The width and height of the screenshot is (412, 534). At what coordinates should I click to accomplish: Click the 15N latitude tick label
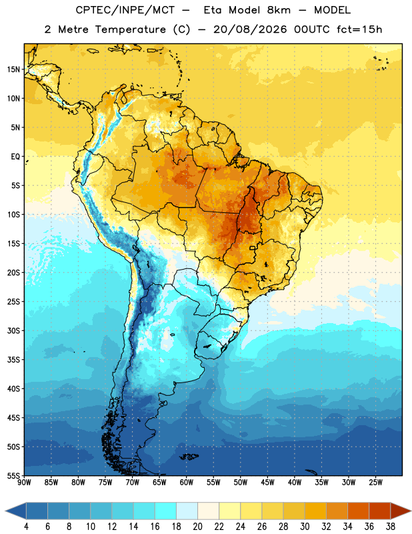point(13,69)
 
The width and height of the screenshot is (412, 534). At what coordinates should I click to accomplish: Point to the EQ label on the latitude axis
point(15,157)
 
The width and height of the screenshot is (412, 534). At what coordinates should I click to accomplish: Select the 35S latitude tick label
point(13,360)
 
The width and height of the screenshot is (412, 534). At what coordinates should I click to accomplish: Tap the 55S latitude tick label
point(13,475)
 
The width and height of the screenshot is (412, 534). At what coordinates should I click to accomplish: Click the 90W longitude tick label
point(24,483)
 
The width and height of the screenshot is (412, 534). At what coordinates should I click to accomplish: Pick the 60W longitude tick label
point(187,483)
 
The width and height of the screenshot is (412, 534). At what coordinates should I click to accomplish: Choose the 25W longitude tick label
point(375,483)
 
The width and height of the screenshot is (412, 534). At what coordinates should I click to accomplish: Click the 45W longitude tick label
point(267,483)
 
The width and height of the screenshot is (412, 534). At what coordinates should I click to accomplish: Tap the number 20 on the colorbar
point(197,527)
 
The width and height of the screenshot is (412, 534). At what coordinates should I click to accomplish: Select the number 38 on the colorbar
point(391,527)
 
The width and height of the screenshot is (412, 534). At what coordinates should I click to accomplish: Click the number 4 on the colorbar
point(26,527)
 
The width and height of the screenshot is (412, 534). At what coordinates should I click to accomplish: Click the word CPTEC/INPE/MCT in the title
point(125,10)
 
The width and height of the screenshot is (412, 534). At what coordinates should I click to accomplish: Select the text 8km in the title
point(279,10)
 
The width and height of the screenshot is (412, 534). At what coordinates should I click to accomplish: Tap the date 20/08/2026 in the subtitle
point(250,29)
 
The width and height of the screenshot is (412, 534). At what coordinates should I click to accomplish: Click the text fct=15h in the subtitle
point(359,29)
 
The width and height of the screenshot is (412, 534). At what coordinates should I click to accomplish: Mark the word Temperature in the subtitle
point(131,29)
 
